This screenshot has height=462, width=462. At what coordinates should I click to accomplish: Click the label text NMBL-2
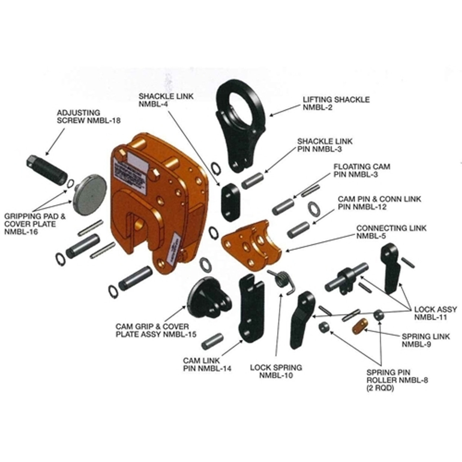point(318,107)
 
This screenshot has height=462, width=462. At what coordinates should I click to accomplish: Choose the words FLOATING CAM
point(362,167)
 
